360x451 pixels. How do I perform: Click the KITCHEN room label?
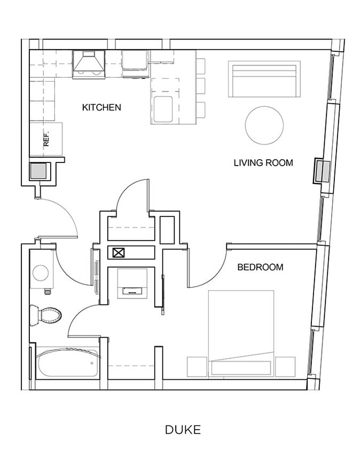[x=101, y=107]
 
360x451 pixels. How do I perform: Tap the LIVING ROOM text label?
[x=263, y=162]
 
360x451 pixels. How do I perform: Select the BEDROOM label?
[x=260, y=267]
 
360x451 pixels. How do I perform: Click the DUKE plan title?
[x=183, y=430]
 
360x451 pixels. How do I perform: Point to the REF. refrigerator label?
[x=46, y=139]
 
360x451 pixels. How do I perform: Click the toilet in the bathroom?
[x=46, y=315]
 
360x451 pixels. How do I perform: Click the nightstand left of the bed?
[x=197, y=367]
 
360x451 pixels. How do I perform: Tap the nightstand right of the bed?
[x=285, y=367]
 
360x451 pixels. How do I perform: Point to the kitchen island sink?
[x=163, y=110]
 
